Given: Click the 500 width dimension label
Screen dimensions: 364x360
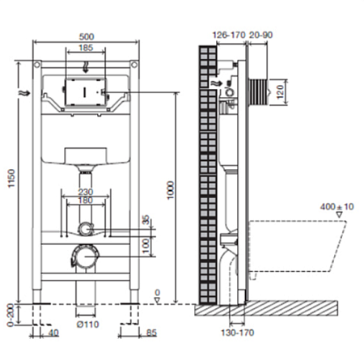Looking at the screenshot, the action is pos(87,36).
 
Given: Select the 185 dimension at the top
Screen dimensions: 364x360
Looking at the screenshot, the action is pos(86,48).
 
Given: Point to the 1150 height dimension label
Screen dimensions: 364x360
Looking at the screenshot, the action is pos(11,178).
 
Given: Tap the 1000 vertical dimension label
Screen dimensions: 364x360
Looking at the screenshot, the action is pos(171,190).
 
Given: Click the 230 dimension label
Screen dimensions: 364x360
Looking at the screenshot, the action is pos(86,192).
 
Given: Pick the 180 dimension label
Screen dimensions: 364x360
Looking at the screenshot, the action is pos(85,201).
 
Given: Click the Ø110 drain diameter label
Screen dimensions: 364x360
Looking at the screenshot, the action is pos(87,324).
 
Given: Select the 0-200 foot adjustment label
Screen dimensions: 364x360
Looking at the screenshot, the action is pos(11,315).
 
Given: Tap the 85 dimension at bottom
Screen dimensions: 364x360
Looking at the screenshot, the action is pos(151,332).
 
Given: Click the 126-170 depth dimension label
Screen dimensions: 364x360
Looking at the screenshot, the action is pos(229,35).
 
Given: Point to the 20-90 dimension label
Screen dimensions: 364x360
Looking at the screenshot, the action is pos(260,35).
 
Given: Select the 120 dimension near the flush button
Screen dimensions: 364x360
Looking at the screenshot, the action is pos(281,91).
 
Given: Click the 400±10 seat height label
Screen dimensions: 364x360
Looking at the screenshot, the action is pos(336,207).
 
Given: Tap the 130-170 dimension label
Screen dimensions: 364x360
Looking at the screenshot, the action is pos(237,332).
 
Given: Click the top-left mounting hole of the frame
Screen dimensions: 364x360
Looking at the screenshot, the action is pos(37,65).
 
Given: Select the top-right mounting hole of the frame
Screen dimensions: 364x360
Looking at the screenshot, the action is pos(134,65).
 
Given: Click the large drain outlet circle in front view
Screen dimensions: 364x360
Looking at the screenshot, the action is pos(85,256).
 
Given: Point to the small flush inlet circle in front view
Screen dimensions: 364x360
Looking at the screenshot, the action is pos(85,229).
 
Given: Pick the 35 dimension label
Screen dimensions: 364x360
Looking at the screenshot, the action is pos(146,219).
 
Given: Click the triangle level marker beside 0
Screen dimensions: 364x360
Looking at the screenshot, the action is pos(157,300).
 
